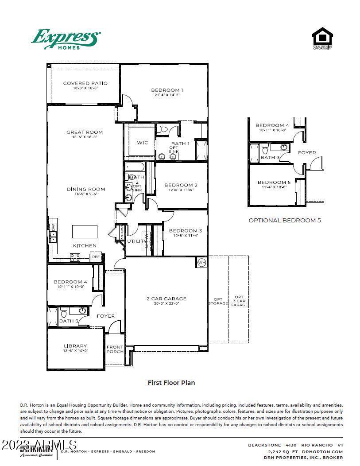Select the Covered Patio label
pyautogui.click(x=85, y=83)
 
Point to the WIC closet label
pyautogui.click(x=142, y=143)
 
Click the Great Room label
pyautogui.click(x=85, y=132)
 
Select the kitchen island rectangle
pyautogui.click(x=85, y=231)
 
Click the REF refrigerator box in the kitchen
pyautogui.click(x=96, y=257)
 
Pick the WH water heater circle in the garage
pyautogui.click(x=201, y=262)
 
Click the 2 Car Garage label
pyautogui.click(x=166, y=299)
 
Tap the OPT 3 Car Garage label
pyautogui.click(x=239, y=301)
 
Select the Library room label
pyautogui.click(x=75, y=346)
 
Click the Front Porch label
pyautogui.click(x=115, y=349)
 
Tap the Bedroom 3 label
pyautogui.click(x=185, y=230)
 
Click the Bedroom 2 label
pyautogui.click(x=181, y=185)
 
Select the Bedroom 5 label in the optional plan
pyautogui.click(x=274, y=182)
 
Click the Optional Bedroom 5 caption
pyautogui.click(x=284, y=220)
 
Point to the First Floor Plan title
pyautogui.click(x=171, y=383)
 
